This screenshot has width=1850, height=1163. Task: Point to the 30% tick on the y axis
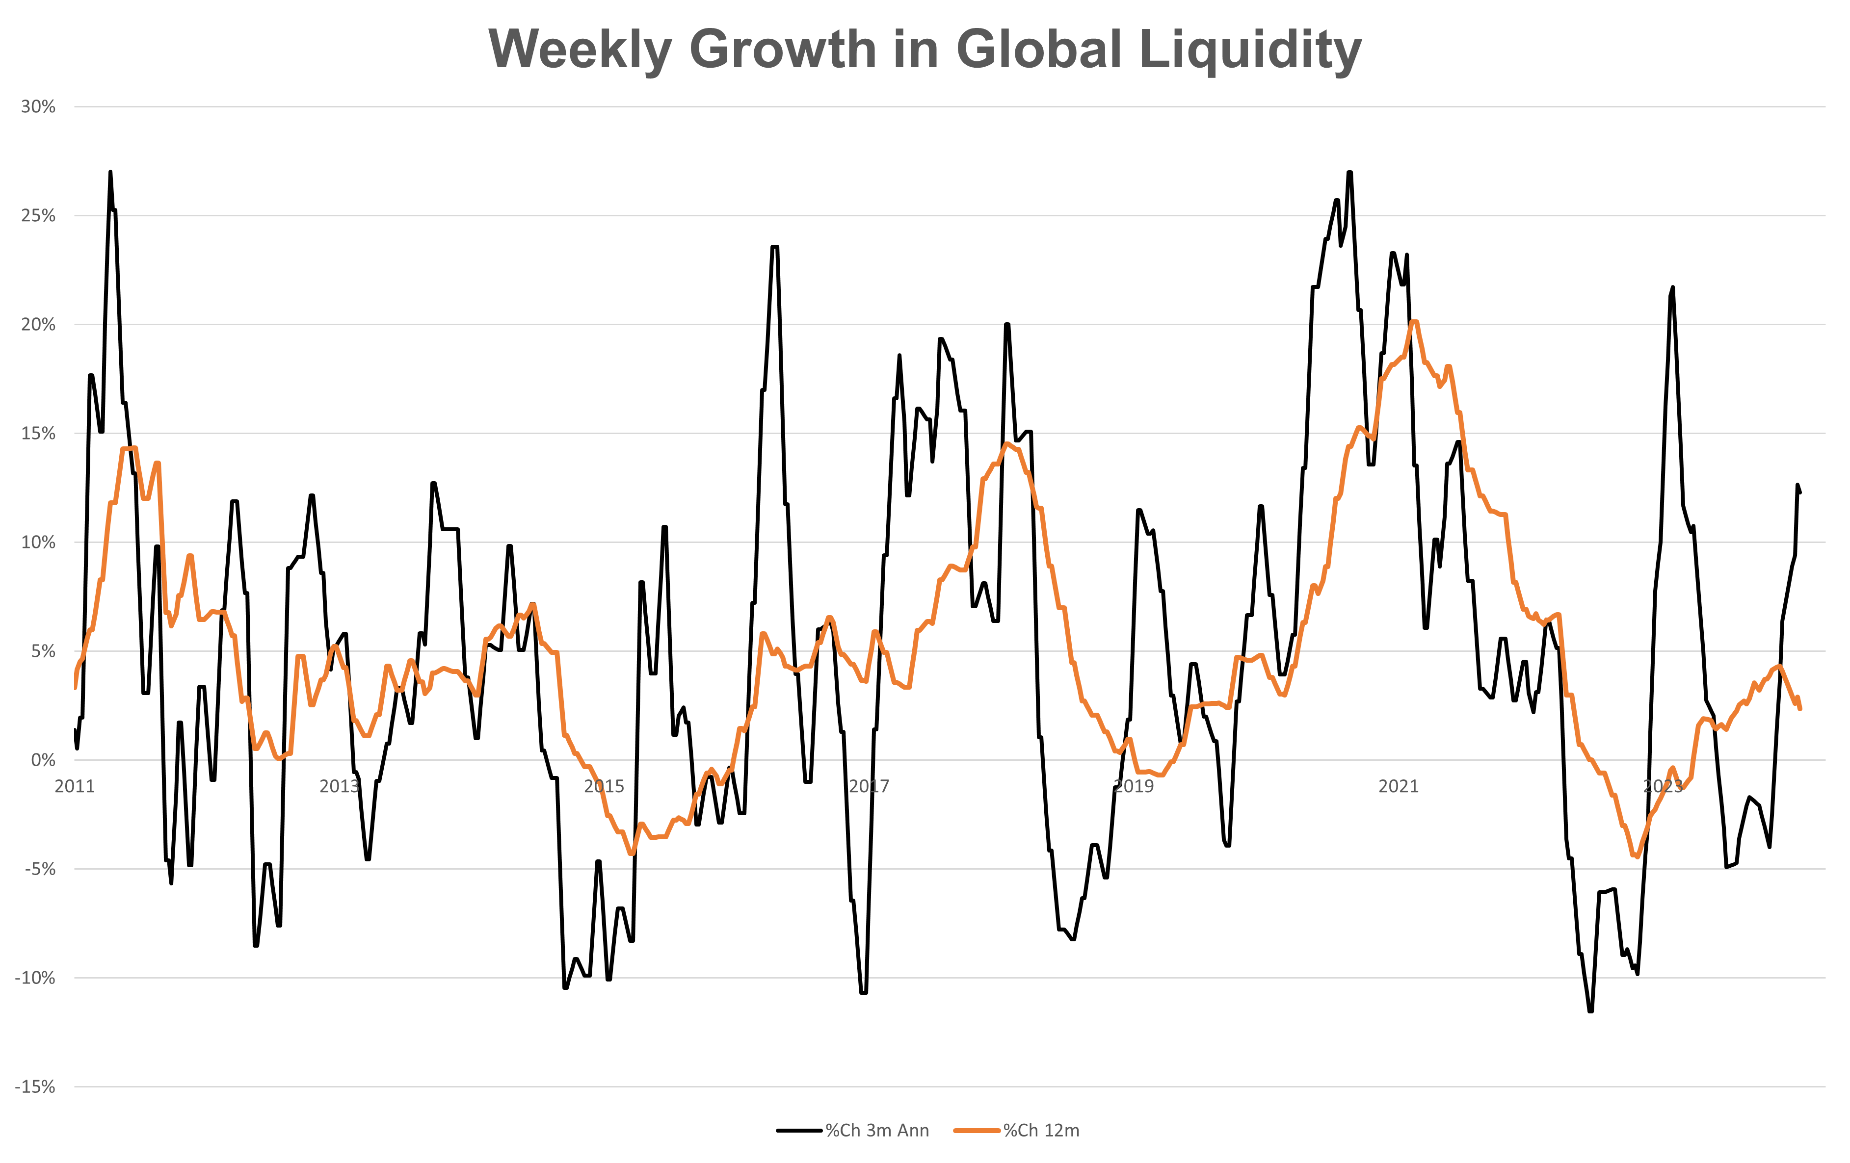[38, 107]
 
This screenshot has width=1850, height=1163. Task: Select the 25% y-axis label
[38, 216]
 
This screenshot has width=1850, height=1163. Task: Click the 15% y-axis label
[38, 433]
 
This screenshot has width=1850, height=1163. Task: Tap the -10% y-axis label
[35, 978]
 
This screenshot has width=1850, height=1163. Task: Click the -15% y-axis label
[35, 1087]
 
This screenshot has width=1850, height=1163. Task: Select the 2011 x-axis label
[75, 786]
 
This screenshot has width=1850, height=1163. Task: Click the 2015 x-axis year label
[604, 786]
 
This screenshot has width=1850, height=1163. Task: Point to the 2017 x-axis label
[869, 786]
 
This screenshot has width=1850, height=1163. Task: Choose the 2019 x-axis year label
[1134, 786]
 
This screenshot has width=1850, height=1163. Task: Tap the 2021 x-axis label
[1398, 786]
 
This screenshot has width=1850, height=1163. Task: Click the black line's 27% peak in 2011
[110, 173]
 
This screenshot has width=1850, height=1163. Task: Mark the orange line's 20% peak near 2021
[1414, 322]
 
